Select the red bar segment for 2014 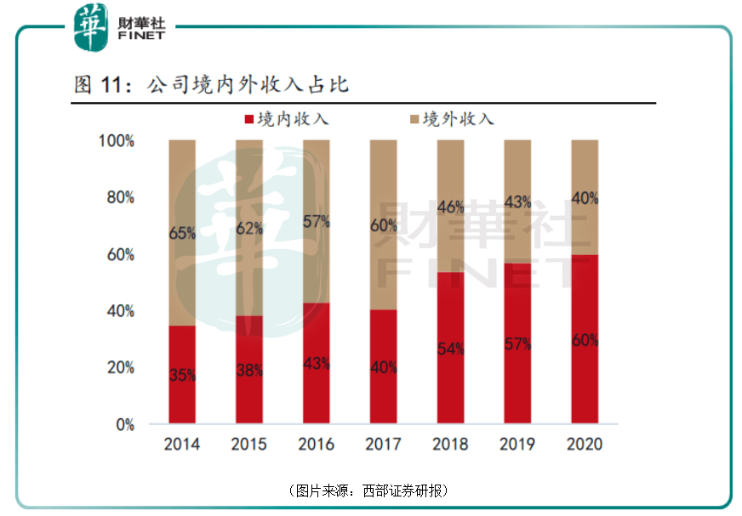pyautogui.click(x=182, y=374)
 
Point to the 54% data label pyautogui.click(x=450, y=349)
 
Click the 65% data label pyautogui.click(x=182, y=232)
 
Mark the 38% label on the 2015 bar pyautogui.click(x=249, y=371)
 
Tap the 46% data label pyautogui.click(x=450, y=206)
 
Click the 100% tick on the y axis pyautogui.click(x=118, y=141)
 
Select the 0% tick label pyautogui.click(x=125, y=424)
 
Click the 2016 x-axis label pyautogui.click(x=317, y=445)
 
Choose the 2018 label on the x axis pyautogui.click(x=450, y=445)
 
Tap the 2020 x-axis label pyautogui.click(x=585, y=445)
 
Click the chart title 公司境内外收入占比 pyautogui.click(x=248, y=85)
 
